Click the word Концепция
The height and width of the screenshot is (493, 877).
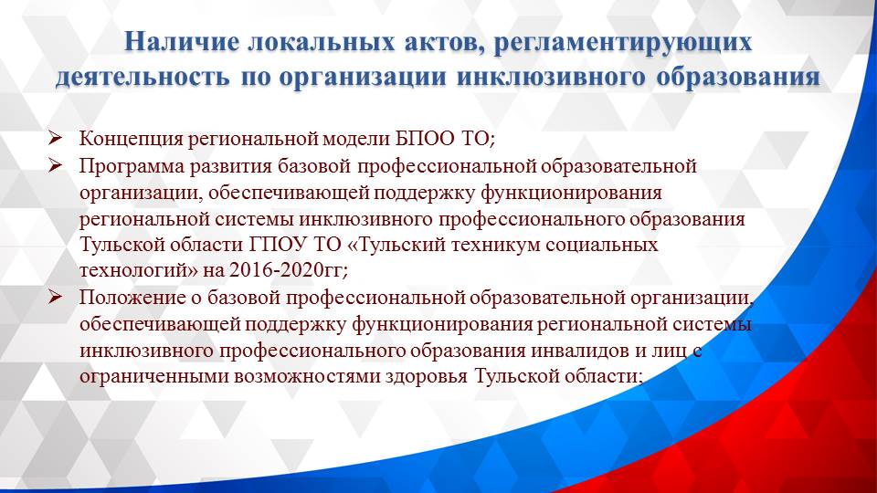coord(130,140)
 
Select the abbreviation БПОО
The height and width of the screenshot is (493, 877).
coord(433,140)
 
